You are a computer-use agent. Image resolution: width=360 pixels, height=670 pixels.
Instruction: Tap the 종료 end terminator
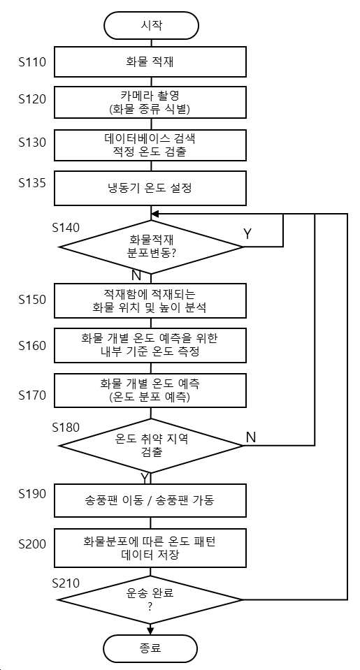tap(151, 648)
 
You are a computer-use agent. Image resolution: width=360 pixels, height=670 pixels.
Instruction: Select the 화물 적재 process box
tap(150, 62)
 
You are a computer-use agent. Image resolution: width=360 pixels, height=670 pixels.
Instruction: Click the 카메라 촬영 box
tap(150, 102)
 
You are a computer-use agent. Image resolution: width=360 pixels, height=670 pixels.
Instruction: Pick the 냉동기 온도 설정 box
tap(150, 189)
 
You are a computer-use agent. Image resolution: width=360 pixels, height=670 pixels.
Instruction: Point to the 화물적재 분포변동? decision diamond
tap(151, 247)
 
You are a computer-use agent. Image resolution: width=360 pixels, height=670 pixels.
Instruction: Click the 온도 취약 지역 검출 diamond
tap(151, 446)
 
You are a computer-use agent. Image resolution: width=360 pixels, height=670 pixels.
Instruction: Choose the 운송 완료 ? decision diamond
tap(151, 599)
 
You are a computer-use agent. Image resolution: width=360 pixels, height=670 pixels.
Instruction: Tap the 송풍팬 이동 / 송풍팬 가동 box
tap(150, 500)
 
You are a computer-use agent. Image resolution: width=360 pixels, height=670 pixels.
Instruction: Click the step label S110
tap(32, 63)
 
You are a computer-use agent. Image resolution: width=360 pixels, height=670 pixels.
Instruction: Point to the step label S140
tap(66, 228)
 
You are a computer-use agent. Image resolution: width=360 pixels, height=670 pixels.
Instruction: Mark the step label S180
tap(66, 428)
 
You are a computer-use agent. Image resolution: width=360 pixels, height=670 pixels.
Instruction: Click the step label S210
tap(66, 583)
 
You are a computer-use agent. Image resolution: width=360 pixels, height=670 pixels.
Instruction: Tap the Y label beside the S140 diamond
tap(247, 234)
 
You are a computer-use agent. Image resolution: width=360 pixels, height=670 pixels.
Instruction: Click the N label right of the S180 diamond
tap(252, 437)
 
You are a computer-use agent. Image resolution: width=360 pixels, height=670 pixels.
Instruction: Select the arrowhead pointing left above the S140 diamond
tap(154, 214)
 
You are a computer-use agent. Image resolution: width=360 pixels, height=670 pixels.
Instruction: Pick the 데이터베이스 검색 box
tap(150, 145)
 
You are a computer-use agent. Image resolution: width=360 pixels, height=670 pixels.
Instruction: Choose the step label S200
tap(32, 544)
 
